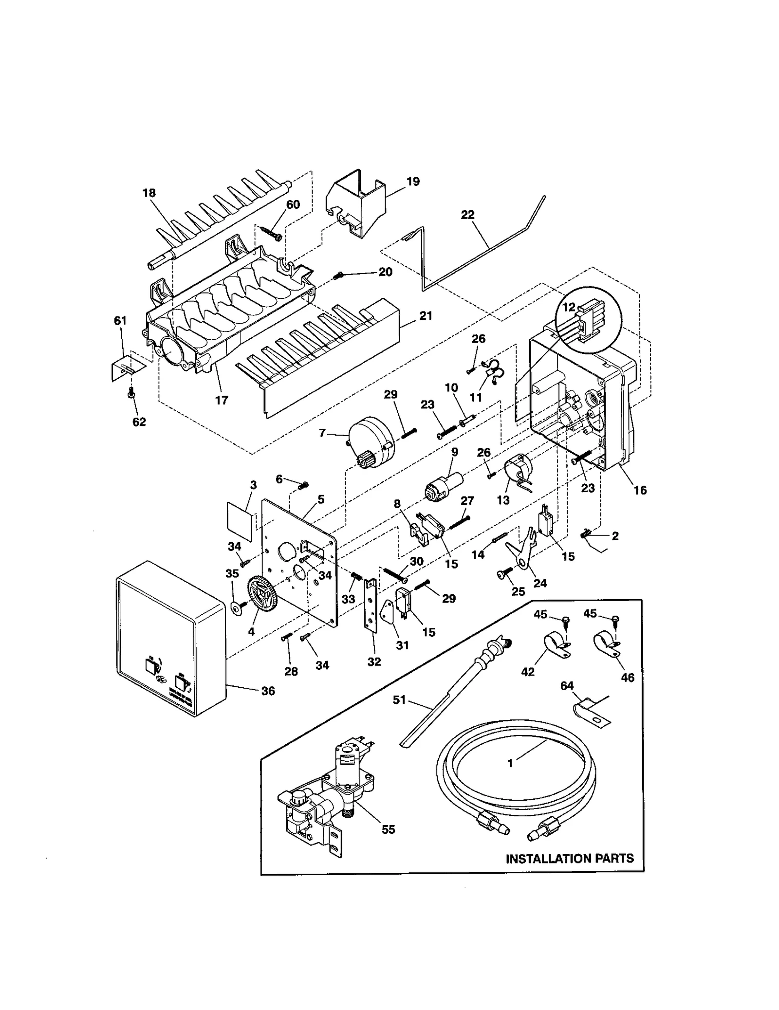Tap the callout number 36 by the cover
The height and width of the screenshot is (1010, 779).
click(268, 691)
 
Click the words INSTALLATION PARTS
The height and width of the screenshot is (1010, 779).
click(570, 858)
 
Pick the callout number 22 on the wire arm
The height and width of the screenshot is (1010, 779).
click(467, 215)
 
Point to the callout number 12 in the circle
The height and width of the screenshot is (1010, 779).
click(569, 307)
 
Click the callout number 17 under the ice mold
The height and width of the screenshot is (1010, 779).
click(222, 400)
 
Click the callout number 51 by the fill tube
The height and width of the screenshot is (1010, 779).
click(399, 700)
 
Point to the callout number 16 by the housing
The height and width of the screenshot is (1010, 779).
click(640, 490)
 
